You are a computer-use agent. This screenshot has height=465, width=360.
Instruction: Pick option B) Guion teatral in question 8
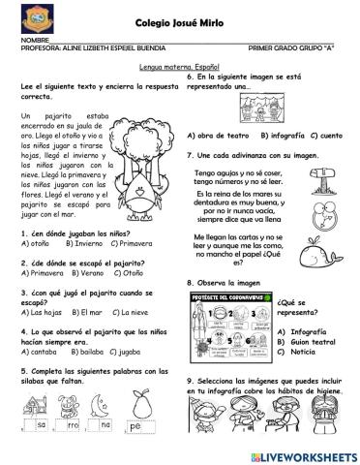click(309, 344)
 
